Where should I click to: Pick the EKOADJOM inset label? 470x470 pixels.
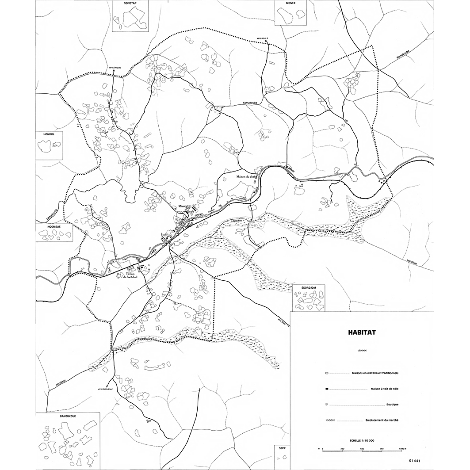coord(310,287)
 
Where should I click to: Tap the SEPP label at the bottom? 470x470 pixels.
coord(282,448)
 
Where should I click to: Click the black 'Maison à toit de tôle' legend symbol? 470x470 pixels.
coord(326,389)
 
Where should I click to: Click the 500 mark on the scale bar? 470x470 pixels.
coord(362,450)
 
